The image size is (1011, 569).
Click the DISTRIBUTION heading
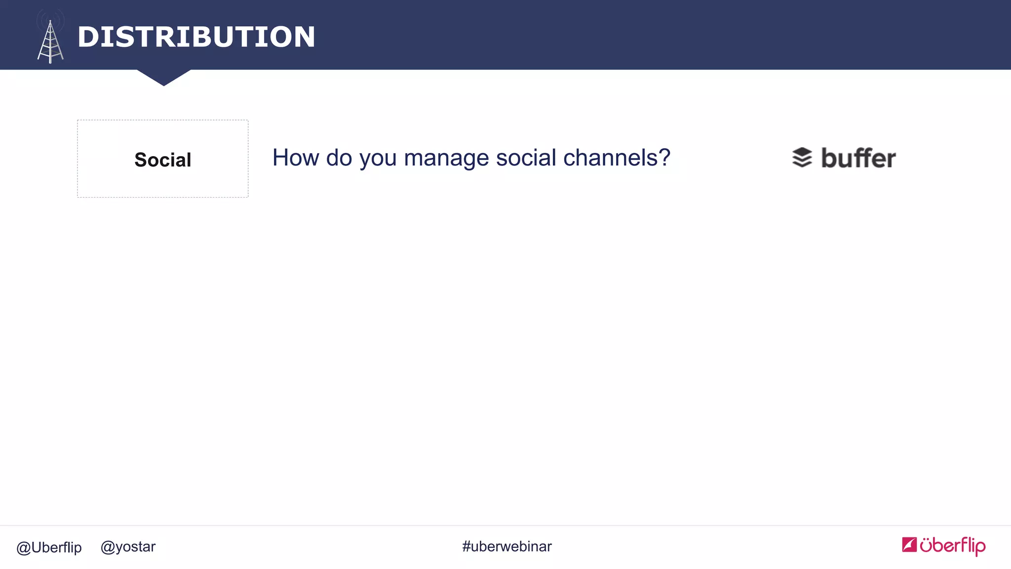pos(196,37)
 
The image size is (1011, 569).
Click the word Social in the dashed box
pos(162,160)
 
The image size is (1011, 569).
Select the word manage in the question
pos(446,159)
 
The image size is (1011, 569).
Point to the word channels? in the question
pos(617,158)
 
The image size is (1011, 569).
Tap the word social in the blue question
pos(526,158)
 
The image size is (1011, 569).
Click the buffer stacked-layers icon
pos(802,158)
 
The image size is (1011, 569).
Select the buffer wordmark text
pos(858,158)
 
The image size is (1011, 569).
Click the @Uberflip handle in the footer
pos(49,547)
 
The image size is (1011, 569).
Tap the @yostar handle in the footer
pos(128,547)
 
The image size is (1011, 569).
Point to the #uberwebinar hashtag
pos(507,546)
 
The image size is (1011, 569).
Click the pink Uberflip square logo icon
pos(909,544)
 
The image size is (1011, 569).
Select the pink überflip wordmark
pos(952,545)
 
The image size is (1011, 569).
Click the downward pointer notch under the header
pos(164,77)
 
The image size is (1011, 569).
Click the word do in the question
pos(339,158)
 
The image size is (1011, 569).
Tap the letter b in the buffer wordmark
pos(831,158)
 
